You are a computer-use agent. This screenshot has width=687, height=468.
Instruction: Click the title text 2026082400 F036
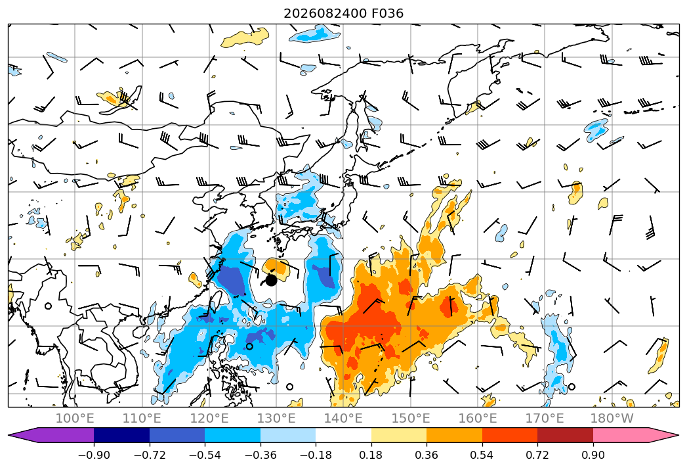(x=344, y=13)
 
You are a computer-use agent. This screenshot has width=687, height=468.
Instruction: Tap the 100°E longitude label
(x=75, y=418)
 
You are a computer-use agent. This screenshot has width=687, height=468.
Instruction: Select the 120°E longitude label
(x=209, y=418)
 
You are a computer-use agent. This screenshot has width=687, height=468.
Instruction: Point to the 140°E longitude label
(x=343, y=418)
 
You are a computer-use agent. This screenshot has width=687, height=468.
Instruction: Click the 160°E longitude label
(x=478, y=418)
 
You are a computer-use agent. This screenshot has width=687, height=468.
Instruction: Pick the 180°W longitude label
(x=612, y=418)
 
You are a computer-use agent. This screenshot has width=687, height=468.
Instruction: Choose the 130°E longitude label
(x=276, y=418)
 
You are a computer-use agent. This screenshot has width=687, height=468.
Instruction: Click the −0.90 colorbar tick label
(x=94, y=455)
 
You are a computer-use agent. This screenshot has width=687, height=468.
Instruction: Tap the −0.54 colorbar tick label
(x=205, y=455)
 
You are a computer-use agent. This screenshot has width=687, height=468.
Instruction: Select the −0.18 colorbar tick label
(x=316, y=455)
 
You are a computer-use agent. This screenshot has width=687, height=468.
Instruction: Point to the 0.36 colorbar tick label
(x=427, y=455)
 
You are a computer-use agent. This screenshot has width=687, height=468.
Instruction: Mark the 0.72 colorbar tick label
(x=537, y=455)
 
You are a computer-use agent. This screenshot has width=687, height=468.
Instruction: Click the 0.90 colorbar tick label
(x=593, y=455)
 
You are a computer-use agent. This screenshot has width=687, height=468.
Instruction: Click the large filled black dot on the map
(x=271, y=280)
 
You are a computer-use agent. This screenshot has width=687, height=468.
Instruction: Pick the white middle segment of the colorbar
(x=344, y=435)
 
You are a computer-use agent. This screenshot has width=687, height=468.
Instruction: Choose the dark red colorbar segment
(x=565, y=435)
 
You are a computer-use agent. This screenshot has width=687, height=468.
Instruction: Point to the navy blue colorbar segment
(x=122, y=435)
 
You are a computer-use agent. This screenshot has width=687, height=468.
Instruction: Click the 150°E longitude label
(x=411, y=418)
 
